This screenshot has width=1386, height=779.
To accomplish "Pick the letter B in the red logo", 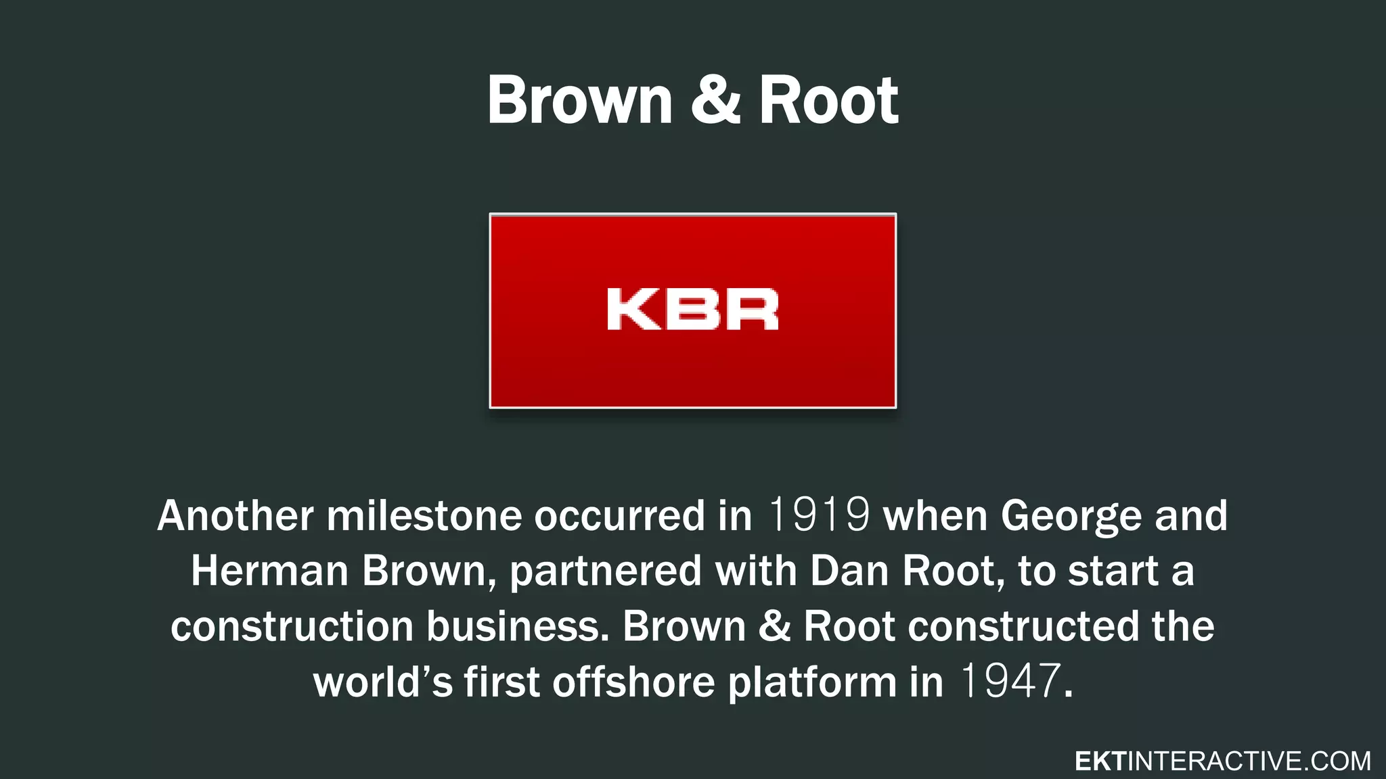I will coord(692,310).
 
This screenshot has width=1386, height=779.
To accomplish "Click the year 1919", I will coord(819,515).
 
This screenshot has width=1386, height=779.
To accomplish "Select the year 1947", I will coord(1010,681).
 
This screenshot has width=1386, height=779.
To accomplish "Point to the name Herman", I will coord(269,571).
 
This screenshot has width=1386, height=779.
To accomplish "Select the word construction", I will coord(292,626).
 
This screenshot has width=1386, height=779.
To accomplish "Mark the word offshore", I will coord(633,681).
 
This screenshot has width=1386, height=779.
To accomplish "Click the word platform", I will coord(812,682).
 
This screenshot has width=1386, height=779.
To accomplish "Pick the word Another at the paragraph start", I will coord(236,515).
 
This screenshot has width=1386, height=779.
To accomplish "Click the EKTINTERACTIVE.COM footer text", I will coord(1222,761).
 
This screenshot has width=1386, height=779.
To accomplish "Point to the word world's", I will coord(382,681).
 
